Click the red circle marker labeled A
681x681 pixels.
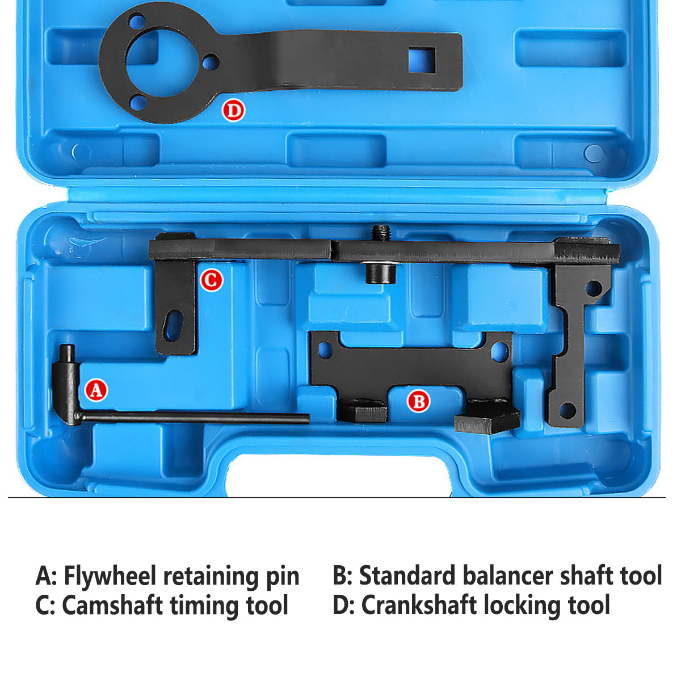[x=96, y=390]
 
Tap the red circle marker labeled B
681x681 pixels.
[x=418, y=401]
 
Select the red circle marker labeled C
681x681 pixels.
[x=211, y=280]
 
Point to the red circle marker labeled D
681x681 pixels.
[x=233, y=110]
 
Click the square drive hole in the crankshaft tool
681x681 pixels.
[x=422, y=60]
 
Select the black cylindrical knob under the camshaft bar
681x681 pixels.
[x=380, y=273]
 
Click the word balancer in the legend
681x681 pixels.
[x=508, y=575]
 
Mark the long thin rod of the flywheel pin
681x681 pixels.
[x=195, y=417]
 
